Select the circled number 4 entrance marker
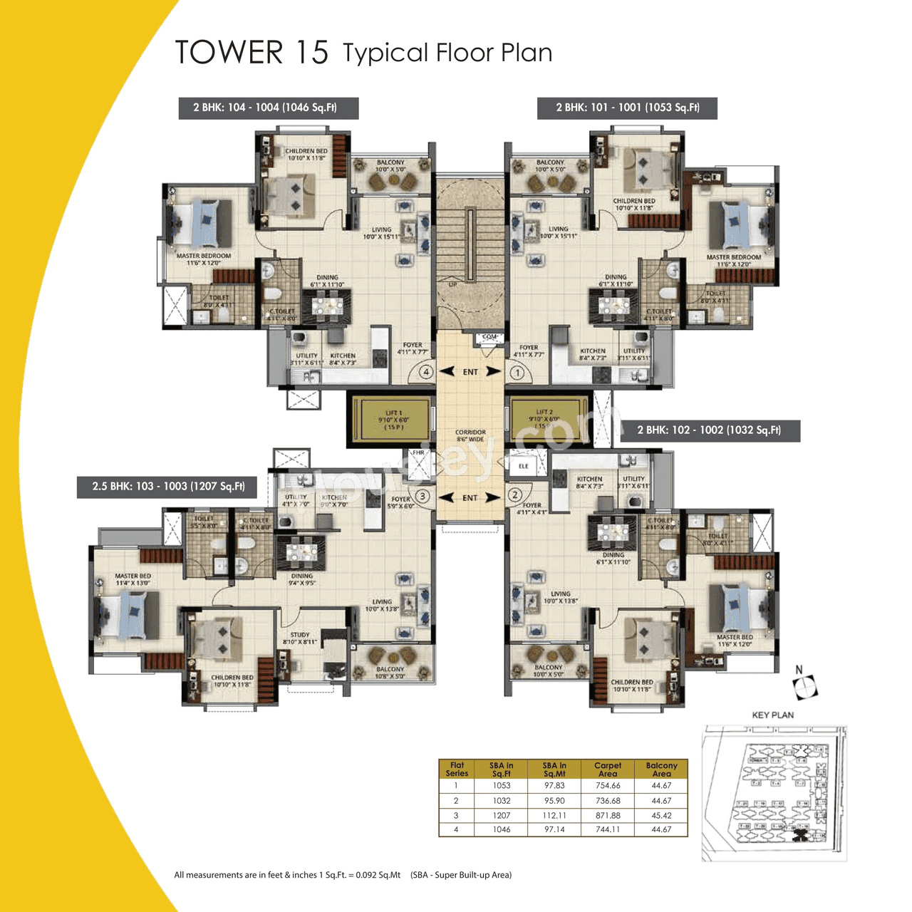tap(426, 371)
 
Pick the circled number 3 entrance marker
tap(423, 496)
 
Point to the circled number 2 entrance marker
tap(514, 495)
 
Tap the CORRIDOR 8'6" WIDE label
tap(470, 435)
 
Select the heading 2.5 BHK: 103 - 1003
tap(167, 487)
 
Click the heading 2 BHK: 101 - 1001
tap(627, 108)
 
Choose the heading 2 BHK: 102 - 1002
tap(709, 430)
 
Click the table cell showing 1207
tap(502, 815)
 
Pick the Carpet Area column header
tap(608, 769)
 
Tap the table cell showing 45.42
tap(661, 815)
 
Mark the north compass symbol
tap(805, 685)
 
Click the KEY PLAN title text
tap(772, 715)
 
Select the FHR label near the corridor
tap(418, 453)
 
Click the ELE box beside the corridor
tap(524, 466)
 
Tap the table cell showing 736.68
tap(608, 801)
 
